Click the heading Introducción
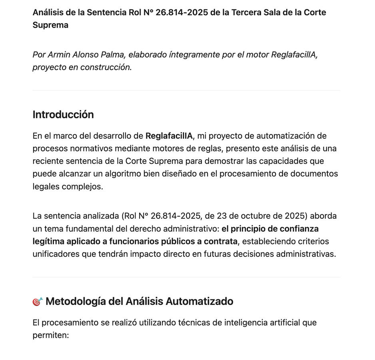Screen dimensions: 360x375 click(63, 115)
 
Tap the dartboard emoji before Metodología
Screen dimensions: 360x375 click(38, 302)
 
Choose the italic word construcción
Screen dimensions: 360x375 click(106, 67)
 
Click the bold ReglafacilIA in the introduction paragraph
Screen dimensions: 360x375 click(169, 136)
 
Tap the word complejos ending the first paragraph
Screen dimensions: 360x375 click(82, 187)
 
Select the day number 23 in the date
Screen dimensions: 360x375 click(222, 216)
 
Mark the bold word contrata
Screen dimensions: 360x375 click(221, 242)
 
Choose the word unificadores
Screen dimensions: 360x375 click(56, 254)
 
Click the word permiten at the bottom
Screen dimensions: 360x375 click(50, 336)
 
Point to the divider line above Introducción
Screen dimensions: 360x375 click(186, 91)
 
